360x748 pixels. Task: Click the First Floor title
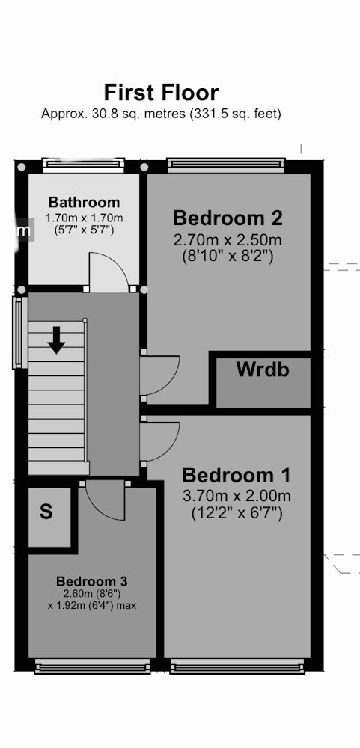point(162,93)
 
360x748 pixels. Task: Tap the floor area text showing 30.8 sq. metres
point(162,114)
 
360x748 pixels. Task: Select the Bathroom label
point(84,202)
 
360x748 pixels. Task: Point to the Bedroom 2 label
point(228,218)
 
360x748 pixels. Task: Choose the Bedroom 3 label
point(91,581)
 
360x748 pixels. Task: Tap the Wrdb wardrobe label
point(263,370)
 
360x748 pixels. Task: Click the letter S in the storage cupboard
point(46,512)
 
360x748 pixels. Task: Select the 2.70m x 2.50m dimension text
point(228,239)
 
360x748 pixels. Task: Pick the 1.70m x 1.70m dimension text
point(84,218)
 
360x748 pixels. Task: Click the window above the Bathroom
point(84,165)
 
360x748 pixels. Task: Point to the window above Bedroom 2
point(226,165)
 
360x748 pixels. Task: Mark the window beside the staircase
point(19,333)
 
